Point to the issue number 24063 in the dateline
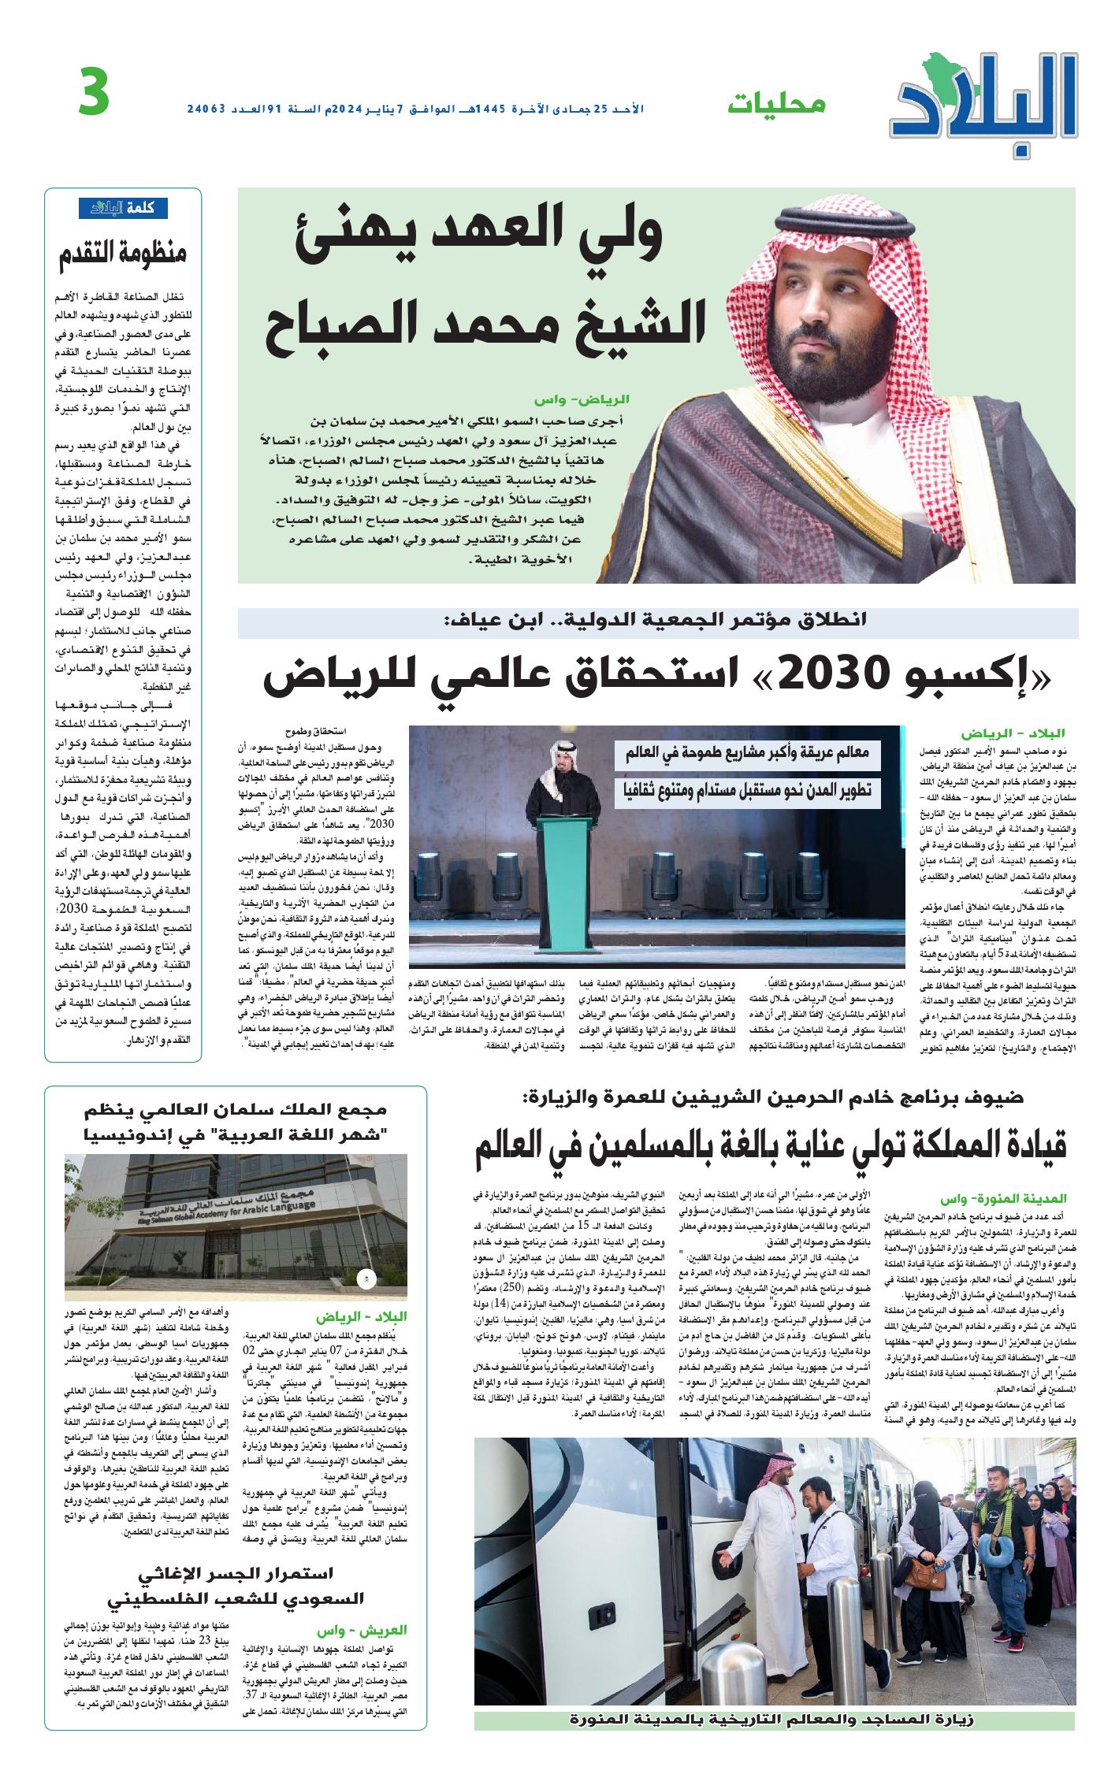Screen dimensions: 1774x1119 click(206, 109)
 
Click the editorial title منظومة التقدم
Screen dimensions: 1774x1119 click(123, 254)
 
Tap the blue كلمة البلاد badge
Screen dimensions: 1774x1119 click(123, 208)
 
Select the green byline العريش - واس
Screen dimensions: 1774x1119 click(362, 1631)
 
